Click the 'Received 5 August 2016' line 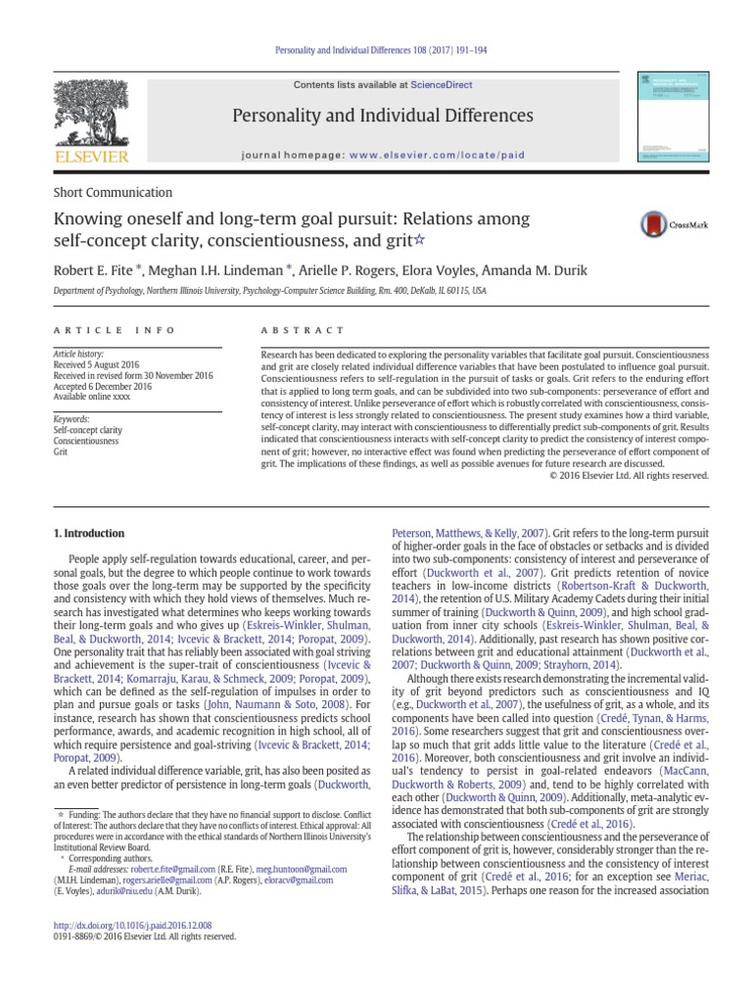pyautogui.click(x=99, y=363)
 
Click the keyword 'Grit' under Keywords pyautogui.click(x=60, y=452)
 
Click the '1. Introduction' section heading pyautogui.click(x=87, y=533)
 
